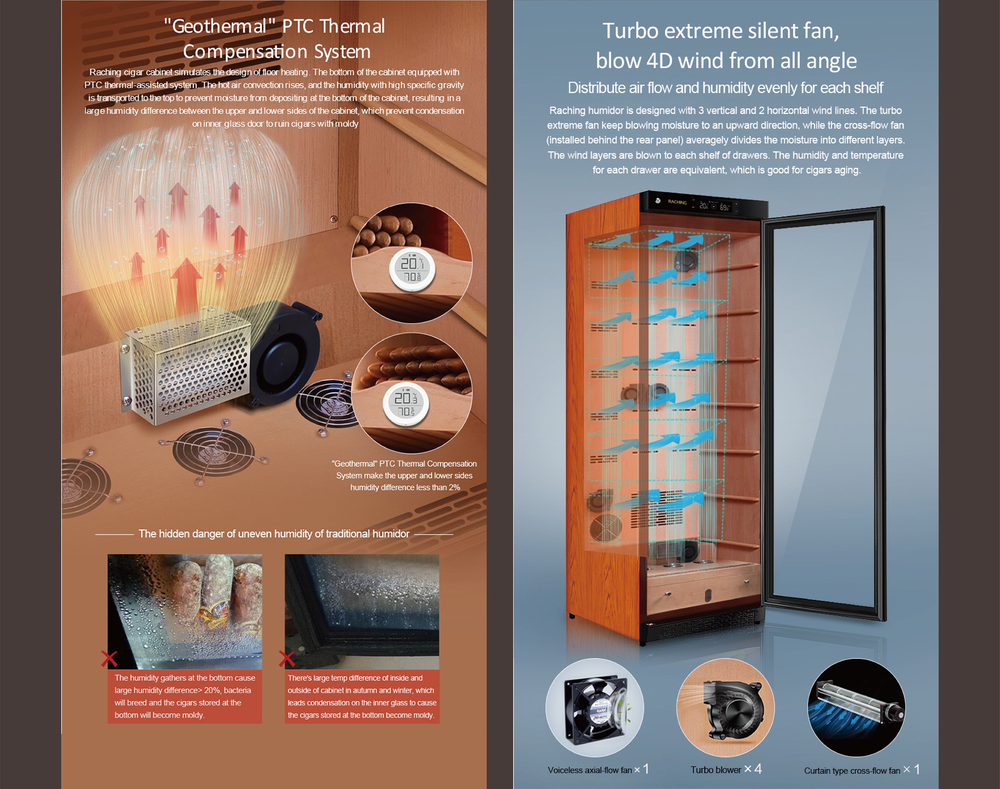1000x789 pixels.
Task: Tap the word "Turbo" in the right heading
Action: click(630, 31)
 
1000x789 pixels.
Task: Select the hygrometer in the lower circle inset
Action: click(406, 404)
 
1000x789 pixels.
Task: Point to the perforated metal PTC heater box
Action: click(185, 365)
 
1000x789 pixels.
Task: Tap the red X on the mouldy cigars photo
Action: click(109, 659)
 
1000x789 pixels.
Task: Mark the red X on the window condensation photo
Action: click(287, 659)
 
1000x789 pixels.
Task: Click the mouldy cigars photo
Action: click(185, 612)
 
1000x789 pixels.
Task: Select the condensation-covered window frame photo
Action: click(362, 612)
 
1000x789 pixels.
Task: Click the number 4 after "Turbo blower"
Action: click(758, 769)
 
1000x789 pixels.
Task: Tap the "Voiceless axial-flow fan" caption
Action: click(590, 770)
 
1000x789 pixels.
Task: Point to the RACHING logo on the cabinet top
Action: click(677, 202)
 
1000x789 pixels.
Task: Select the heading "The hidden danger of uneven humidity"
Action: click(274, 534)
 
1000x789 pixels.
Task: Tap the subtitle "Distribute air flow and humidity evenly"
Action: click(725, 88)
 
